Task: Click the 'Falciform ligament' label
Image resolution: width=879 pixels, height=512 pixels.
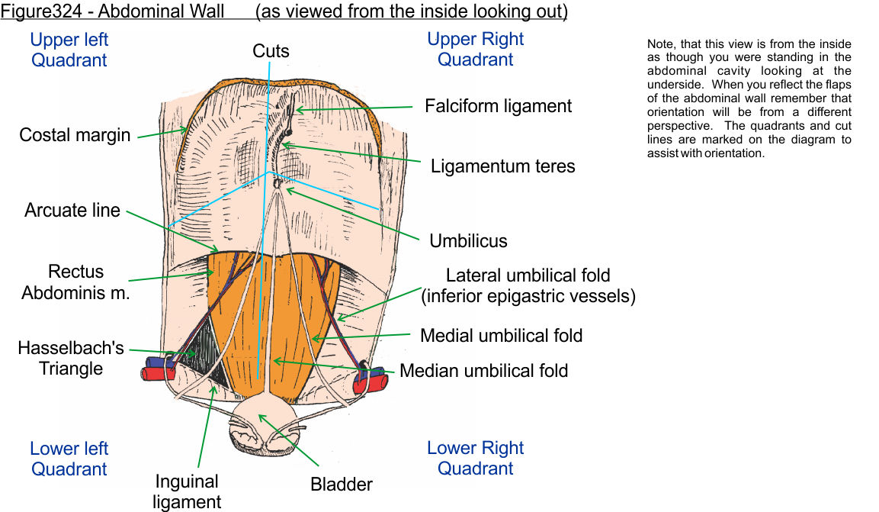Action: point(498,106)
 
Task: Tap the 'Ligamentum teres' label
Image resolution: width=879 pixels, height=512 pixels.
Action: point(502,166)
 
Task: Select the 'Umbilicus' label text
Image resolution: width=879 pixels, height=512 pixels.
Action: point(468,241)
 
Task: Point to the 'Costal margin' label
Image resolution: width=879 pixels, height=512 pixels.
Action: point(75,135)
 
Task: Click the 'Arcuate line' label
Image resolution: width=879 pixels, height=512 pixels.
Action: point(72,210)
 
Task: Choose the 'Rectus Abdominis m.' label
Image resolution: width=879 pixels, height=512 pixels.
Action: point(75,282)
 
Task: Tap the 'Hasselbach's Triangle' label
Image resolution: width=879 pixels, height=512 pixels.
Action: point(71,359)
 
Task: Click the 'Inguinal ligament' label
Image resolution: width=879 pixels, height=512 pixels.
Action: point(187,491)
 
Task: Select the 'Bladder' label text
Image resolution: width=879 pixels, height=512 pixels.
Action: point(342,484)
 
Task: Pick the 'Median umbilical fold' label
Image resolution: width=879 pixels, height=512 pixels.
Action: point(484,371)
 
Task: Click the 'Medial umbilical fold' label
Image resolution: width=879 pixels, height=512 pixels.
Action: point(501,335)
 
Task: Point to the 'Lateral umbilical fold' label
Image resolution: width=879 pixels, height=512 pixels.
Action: point(528,285)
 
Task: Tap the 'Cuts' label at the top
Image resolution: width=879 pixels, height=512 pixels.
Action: point(271,51)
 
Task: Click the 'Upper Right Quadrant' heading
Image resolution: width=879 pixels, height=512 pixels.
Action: point(476,49)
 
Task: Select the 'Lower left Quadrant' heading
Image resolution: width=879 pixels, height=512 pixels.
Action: point(69,458)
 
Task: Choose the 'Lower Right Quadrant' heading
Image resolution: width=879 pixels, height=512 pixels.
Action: point(476,458)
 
